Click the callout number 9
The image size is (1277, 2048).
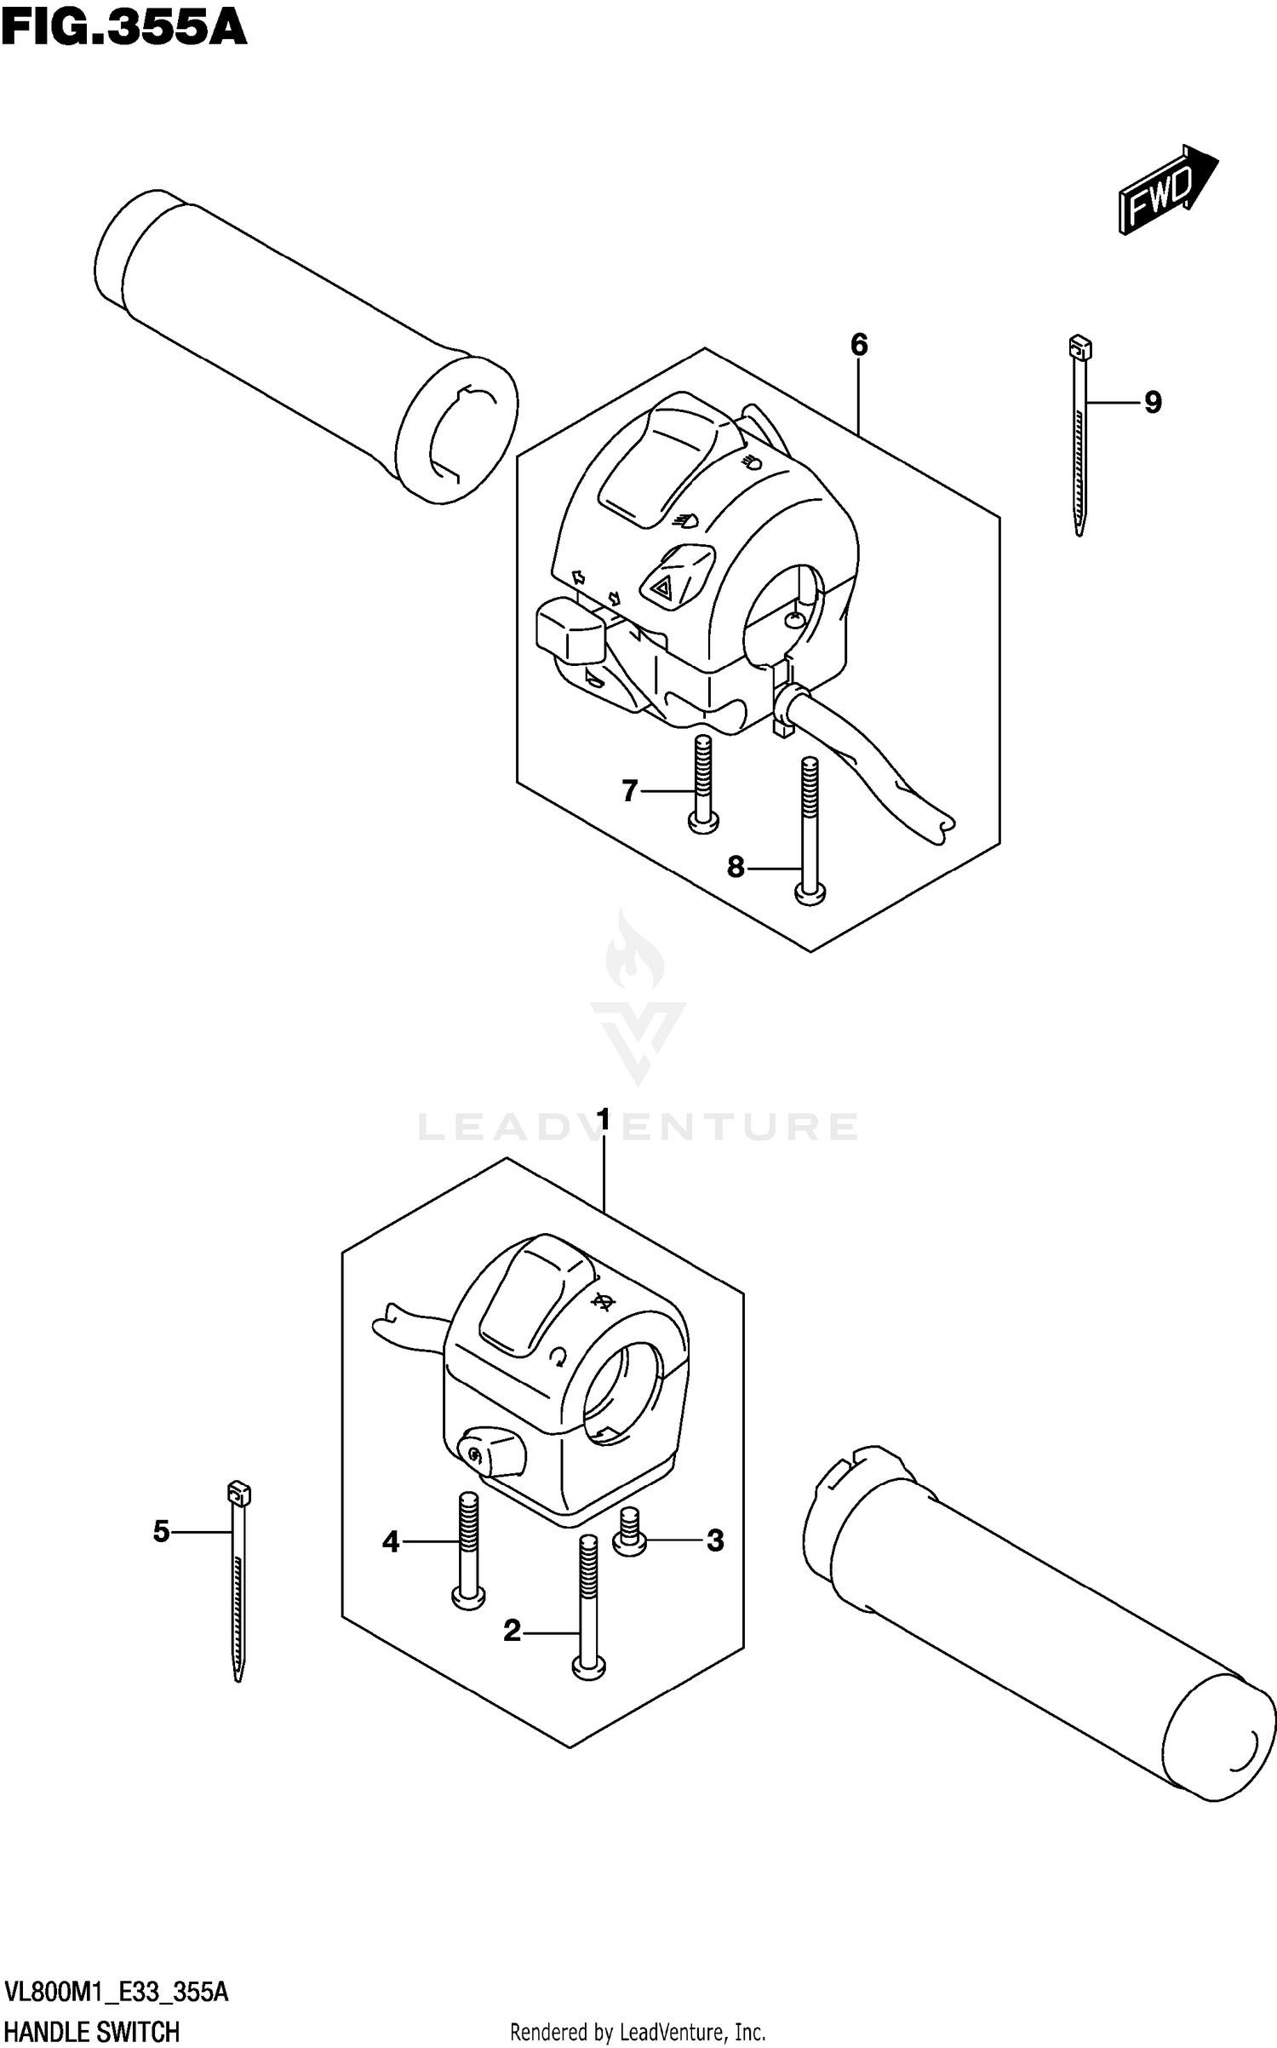[x=1153, y=402]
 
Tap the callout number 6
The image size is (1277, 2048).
[x=858, y=345]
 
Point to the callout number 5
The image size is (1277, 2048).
[x=161, y=1532]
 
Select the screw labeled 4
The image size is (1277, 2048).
[x=467, y=1550]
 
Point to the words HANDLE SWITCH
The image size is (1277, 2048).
[x=92, y=2032]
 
